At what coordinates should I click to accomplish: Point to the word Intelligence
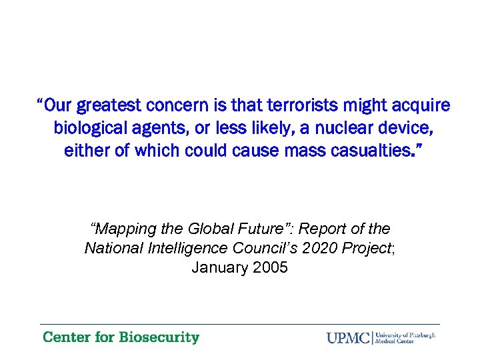[x=177, y=249]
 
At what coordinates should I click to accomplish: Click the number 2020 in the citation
[x=319, y=249]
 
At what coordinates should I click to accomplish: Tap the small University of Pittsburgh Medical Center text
[x=405, y=337]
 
